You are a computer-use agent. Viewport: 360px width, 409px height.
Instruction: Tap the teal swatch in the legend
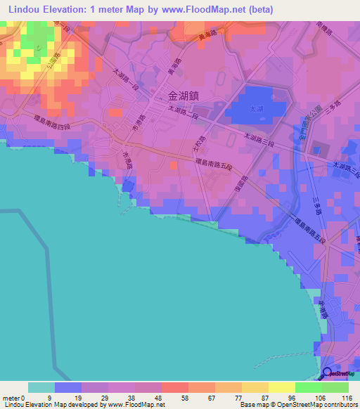pos(41,387)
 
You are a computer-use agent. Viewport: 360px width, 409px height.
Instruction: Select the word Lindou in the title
pos(27,9)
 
